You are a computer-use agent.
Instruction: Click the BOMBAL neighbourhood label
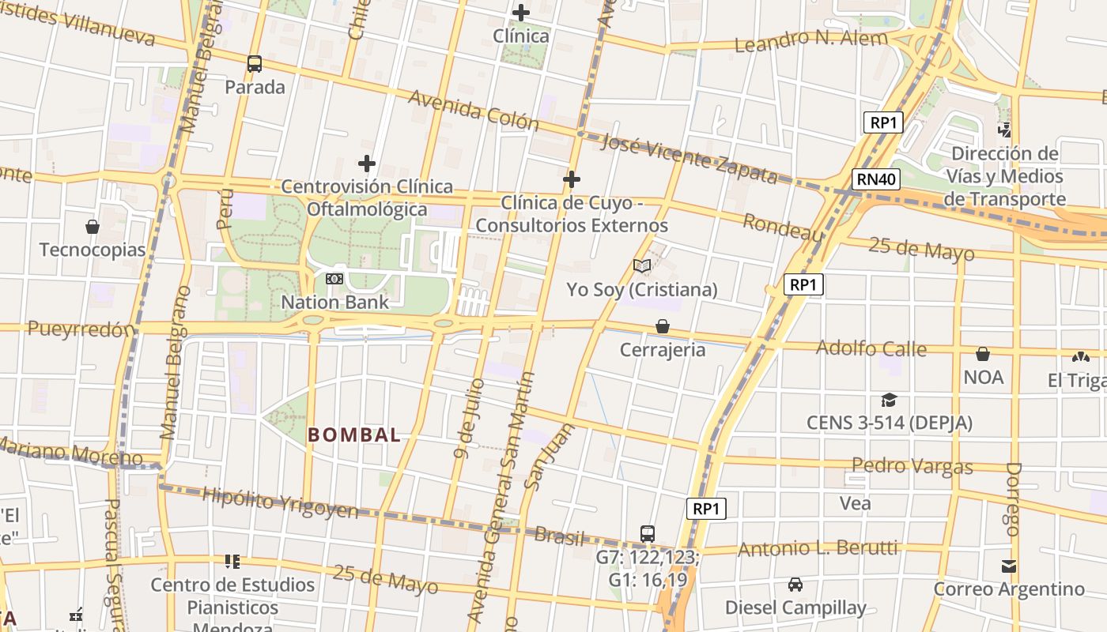tap(353, 434)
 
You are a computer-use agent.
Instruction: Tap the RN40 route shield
tap(876, 179)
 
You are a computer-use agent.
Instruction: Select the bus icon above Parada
tap(254, 64)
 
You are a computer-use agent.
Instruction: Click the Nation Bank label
tap(335, 302)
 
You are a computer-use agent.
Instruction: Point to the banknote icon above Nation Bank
tap(334, 279)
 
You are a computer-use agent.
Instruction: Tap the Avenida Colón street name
tap(474, 111)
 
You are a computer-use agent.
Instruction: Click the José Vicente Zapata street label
tap(689, 159)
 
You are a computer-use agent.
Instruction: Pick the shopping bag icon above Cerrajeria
tap(663, 326)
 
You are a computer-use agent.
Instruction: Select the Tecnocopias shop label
tap(93, 250)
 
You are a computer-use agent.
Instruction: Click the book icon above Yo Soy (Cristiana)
tap(642, 266)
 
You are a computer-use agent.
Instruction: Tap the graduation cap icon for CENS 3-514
tap(889, 401)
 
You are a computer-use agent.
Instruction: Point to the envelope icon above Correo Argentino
tap(1009, 566)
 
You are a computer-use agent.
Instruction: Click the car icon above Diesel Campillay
tap(795, 585)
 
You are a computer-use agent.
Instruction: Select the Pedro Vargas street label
tap(912, 465)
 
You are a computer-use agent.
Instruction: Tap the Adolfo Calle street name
tap(871, 348)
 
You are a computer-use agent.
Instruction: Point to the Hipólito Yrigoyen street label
tap(280, 502)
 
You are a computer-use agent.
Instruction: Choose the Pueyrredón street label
tap(81, 329)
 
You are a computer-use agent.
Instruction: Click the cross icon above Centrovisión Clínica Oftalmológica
tap(367, 164)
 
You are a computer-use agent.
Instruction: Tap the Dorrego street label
tap(1014, 499)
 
